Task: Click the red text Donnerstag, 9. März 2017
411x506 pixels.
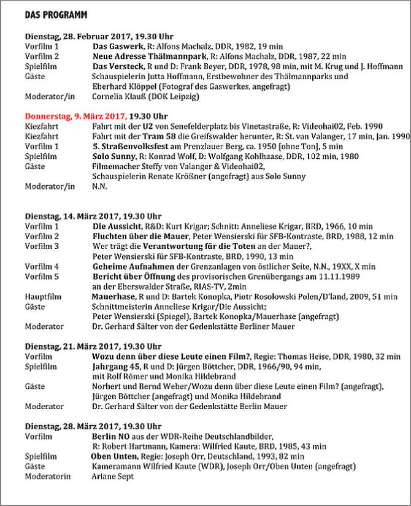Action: (x=75, y=115)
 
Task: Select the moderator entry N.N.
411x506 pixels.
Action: (x=99, y=186)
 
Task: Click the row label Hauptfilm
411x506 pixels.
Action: (x=44, y=296)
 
